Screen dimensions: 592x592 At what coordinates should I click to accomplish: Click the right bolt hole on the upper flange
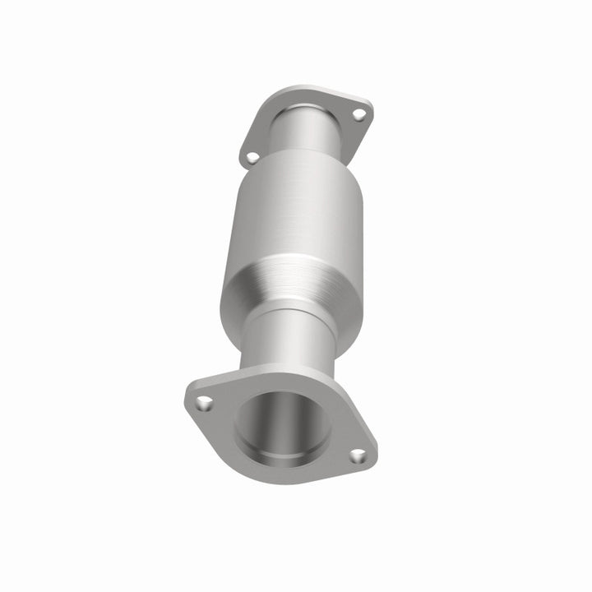[359, 115]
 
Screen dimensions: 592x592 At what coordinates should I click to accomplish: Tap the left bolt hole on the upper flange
[252, 156]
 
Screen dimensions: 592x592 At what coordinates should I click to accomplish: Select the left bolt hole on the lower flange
[205, 403]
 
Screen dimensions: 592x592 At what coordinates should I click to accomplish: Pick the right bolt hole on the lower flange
[358, 456]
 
